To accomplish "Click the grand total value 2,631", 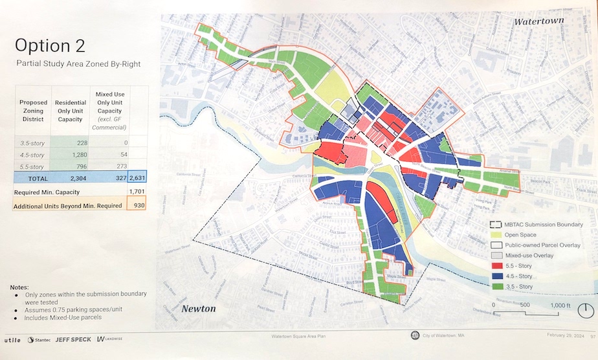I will [137, 177].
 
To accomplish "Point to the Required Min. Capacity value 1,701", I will [137, 192].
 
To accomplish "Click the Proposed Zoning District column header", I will [32, 111].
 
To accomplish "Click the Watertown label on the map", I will [538, 21].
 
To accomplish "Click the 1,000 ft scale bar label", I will [560, 305].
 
